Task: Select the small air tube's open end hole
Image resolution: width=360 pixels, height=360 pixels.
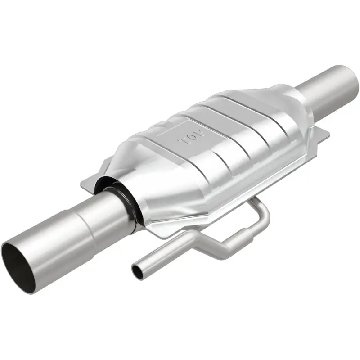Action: [x=136, y=270]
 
